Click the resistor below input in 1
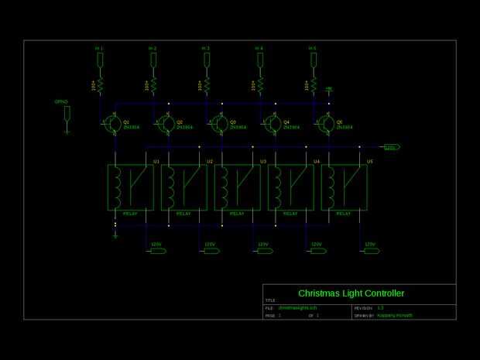tap(100, 84)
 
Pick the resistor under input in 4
tap(260, 84)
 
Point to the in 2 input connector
tap(153, 59)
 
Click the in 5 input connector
tap(314, 59)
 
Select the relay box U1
tap(130, 187)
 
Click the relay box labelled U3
tap(237, 187)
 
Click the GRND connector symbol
tap(67, 114)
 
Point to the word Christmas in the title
tap(321, 293)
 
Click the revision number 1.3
tap(380, 308)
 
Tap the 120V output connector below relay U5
tap(370, 250)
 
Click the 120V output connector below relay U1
tap(156, 250)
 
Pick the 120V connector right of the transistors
tap(391, 146)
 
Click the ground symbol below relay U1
tap(115, 235)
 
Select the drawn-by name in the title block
tap(395, 316)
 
